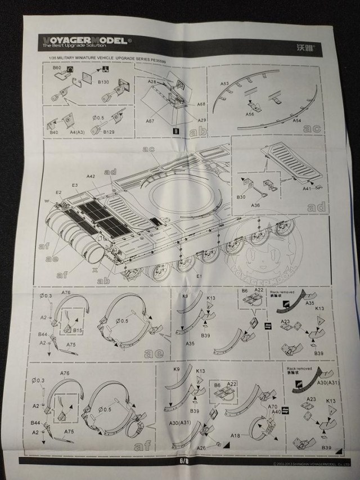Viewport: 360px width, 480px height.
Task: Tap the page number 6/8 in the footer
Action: click(183, 460)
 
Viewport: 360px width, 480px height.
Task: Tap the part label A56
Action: click(250, 114)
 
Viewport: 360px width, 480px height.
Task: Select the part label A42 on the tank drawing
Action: click(91, 177)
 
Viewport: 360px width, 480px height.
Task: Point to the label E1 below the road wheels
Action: click(199, 277)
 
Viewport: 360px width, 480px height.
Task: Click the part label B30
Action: click(242, 197)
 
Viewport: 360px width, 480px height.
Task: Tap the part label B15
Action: click(78, 330)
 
